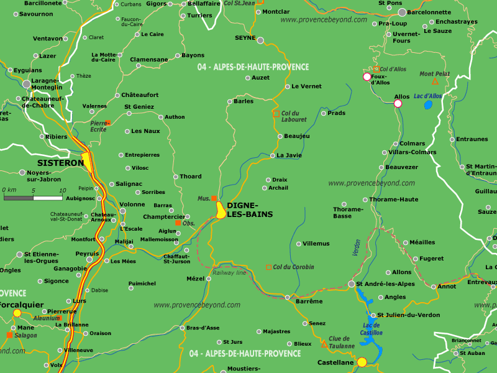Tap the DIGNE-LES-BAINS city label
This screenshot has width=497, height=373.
[x=250, y=210]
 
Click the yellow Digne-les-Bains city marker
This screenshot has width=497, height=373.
[x=221, y=210]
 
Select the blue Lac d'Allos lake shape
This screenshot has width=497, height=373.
[x=428, y=104]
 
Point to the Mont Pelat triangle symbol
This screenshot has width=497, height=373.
[x=435, y=81]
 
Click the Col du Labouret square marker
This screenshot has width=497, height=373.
[x=276, y=114]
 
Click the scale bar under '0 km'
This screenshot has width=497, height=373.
[x=34, y=198]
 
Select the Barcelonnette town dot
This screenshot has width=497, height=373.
[x=403, y=12]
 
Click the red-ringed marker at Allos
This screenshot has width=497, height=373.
[x=398, y=104]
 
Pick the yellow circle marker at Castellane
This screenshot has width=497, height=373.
[x=362, y=362]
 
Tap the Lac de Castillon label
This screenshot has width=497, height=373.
[x=372, y=329]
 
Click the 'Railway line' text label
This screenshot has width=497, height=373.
[x=229, y=273]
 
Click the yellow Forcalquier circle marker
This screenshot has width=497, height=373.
[x=17, y=313]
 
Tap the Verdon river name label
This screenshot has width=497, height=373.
[x=357, y=248]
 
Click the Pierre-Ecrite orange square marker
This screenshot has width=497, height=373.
[x=108, y=122]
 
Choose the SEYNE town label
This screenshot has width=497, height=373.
[x=245, y=38]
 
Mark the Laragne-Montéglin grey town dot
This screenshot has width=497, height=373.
[x=26, y=83]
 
